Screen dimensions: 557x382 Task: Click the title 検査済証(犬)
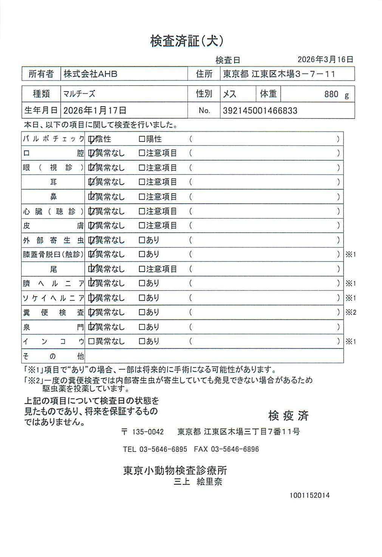(x=187, y=41)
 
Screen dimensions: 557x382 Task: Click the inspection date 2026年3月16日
(x=325, y=59)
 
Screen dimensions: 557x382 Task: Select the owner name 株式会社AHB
(x=90, y=74)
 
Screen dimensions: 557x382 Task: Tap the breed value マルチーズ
(x=79, y=93)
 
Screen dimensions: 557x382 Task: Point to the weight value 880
(x=331, y=94)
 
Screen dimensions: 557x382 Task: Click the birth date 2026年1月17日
(x=94, y=110)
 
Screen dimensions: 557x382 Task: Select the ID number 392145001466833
(x=260, y=111)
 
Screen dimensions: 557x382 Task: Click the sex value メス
(x=229, y=94)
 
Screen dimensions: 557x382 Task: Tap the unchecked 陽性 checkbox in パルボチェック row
(x=142, y=139)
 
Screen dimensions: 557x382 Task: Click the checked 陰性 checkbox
(x=91, y=139)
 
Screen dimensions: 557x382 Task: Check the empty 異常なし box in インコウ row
(x=91, y=341)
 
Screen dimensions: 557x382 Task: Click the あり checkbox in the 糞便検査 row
(x=142, y=313)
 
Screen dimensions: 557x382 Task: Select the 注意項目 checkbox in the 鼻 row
(x=142, y=197)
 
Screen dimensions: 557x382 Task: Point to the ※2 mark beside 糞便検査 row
(x=351, y=313)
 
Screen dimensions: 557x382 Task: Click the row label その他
(x=53, y=356)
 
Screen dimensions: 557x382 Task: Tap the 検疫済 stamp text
(x=288, y=415)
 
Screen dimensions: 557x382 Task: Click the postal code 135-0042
(x=148, y=432)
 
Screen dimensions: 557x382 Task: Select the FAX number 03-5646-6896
(x=235, y=449)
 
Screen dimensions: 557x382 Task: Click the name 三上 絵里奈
(x=198, y=482)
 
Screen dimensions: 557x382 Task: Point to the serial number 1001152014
(x=309, y=495)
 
